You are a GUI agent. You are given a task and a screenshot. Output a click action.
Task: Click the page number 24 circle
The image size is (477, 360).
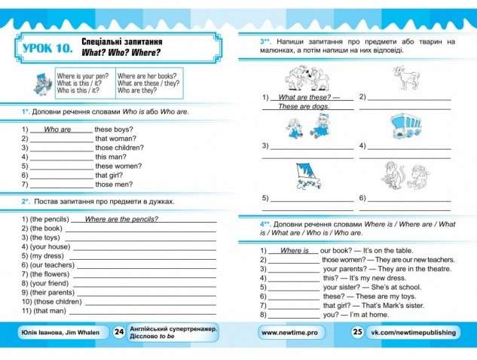point(119,331)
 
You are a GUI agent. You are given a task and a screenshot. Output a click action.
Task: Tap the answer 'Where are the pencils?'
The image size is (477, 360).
point(121,219)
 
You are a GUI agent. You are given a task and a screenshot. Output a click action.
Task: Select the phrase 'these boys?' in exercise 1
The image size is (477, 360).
point(114,130)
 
